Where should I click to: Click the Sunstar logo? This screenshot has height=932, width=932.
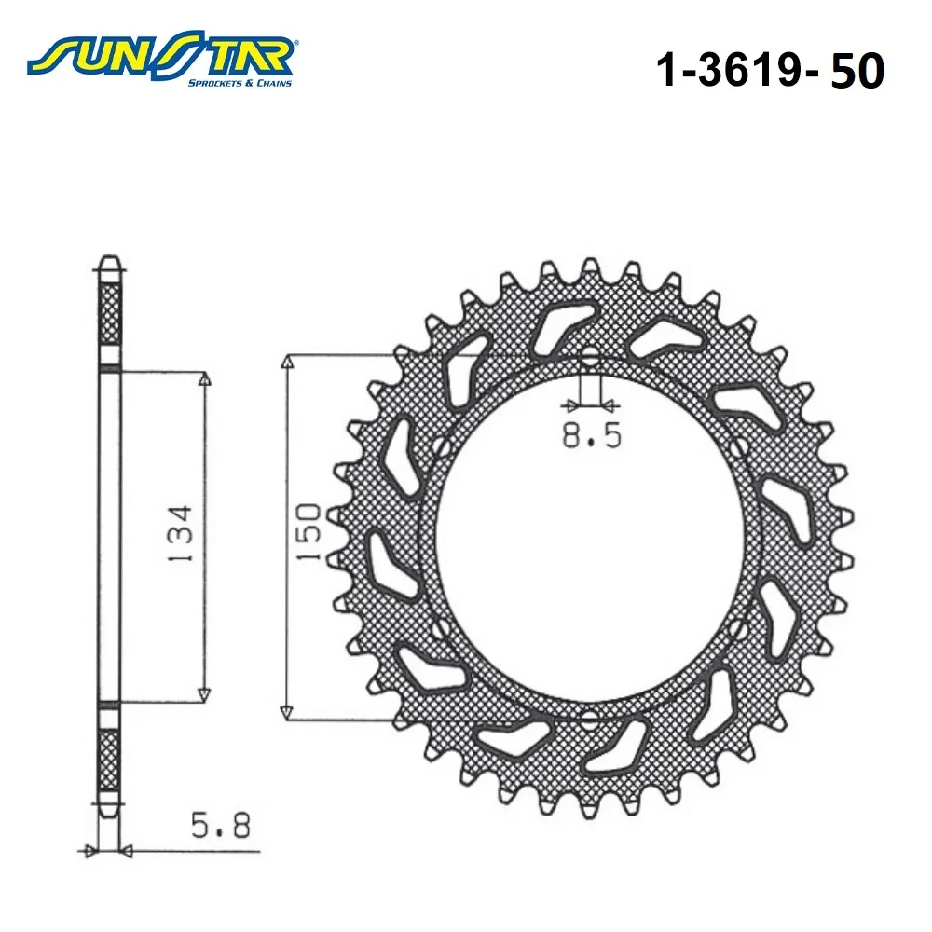[162, 59]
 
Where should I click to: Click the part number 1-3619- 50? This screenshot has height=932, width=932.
[770, 70]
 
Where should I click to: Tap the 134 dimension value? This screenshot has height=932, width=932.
[180, 534]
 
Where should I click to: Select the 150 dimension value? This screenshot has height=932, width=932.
[308, 532]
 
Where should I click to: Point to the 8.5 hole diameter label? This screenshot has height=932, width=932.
[592, 435]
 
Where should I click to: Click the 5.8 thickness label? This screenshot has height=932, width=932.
[221, 826]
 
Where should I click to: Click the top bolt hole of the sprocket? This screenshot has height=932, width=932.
[590, 357]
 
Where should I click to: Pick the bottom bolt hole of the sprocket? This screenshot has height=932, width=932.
[590, 720]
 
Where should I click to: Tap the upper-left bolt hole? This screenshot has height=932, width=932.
[441, 447]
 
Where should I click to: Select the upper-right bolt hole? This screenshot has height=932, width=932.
[738, 447]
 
